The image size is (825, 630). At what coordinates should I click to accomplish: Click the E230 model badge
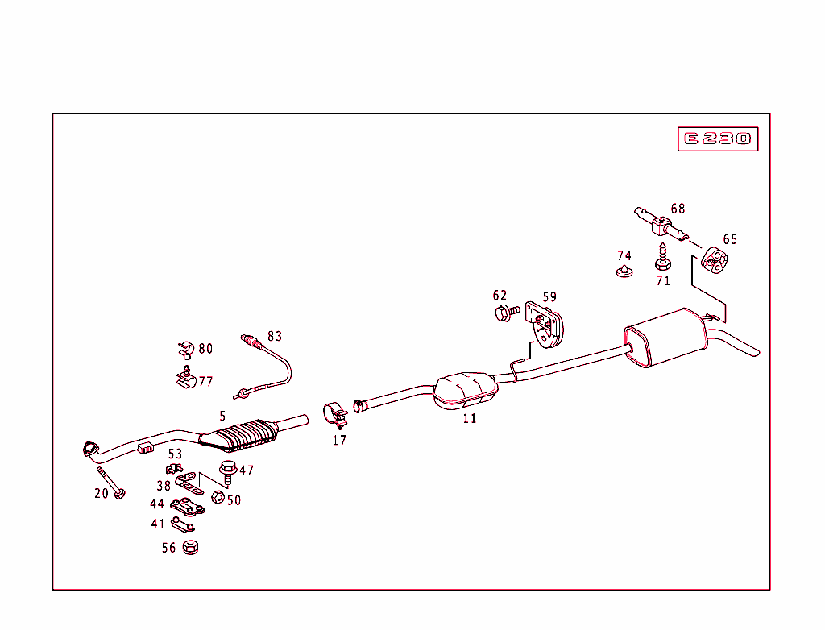[x=717, y=139]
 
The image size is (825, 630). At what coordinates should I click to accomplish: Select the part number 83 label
[x=276, y=336]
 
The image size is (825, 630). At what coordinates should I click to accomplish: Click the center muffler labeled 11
[x=465, y=389]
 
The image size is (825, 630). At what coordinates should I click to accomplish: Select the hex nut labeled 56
[x=191, y=547]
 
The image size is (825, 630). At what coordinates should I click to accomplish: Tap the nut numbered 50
[x=218, y=496]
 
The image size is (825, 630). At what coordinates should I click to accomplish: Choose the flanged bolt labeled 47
[x=227, y=470]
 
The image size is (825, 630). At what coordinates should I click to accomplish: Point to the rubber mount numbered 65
[x=714, y=259]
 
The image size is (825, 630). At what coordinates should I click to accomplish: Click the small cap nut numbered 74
[x=623, y=271]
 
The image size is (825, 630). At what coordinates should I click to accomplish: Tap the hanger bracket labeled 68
[x=661, y=224]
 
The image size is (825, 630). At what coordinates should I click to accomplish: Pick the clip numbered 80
[x=184, y=350]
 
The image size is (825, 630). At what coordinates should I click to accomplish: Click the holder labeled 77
[x=186, y=378]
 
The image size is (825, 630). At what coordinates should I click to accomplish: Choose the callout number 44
[x=157, y=504]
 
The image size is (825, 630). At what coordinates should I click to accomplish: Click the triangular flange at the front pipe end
[x=89, y=449]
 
